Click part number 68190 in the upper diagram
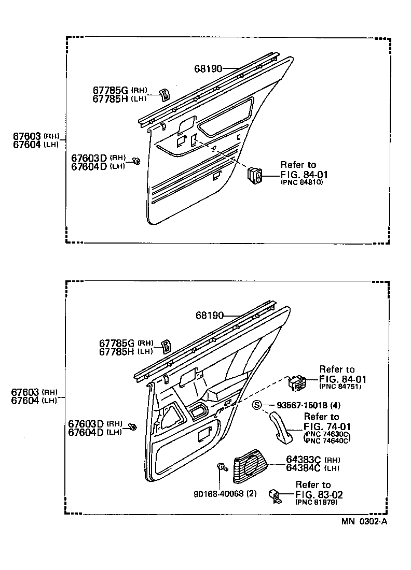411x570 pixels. pyautogui.click(x=209, y=68)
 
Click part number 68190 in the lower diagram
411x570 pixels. pyautogui.click(x=210, y=315)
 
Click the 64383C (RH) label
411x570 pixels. pyautogui.click(x=306, y=460)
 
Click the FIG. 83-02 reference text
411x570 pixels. pyautogui.click(x=319, y=495)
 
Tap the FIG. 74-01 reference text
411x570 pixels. pyautogui.click(x=327, y=426)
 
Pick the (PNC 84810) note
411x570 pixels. pyautogui.click(x=302, y=182)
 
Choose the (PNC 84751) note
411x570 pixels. pyautogui.click(x=340, y=387)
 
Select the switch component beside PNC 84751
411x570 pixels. pyautogui.click(x=297, y=383)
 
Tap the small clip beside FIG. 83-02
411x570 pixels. pyautogui.click(x=275, y=495)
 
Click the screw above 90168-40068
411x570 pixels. pyautogui.click(x=222, y=467)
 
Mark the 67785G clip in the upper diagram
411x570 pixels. pyautogui.click(x=163, y=94)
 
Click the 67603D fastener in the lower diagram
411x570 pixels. pyautogui.click(x=132, y=427)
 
